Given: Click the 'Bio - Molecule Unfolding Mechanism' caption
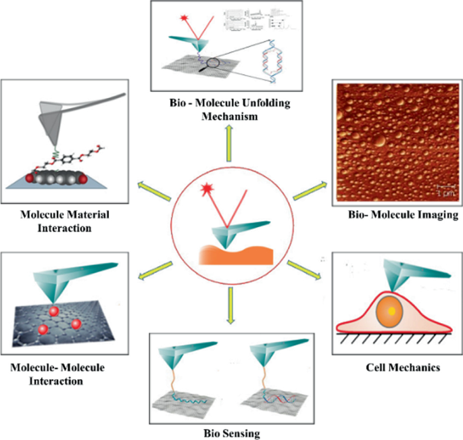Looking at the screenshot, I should point(231,110).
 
